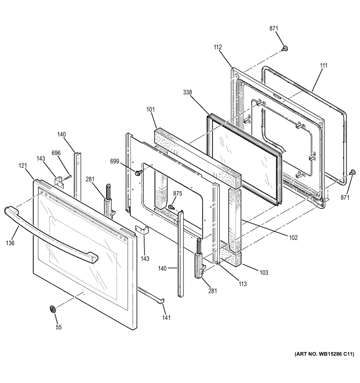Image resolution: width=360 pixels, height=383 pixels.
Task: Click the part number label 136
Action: [10, 243]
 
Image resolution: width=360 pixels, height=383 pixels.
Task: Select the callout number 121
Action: [23, 166]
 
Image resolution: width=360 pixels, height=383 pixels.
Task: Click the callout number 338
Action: [188, 92]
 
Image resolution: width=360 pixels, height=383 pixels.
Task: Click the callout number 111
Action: [324, 65]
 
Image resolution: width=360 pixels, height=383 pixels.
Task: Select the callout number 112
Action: [218, 47]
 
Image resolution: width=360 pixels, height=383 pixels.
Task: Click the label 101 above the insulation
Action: [150, 109]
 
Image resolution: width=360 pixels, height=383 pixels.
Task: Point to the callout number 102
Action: [294, 237]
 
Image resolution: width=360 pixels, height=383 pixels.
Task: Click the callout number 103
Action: [264, 273]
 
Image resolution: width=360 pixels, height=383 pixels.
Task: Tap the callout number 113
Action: [242, 284]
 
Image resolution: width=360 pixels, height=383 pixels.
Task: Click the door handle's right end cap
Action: [93, 259]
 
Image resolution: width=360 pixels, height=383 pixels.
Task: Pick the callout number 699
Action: [115, 161]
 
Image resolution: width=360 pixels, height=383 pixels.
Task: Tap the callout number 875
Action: [178, 193]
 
